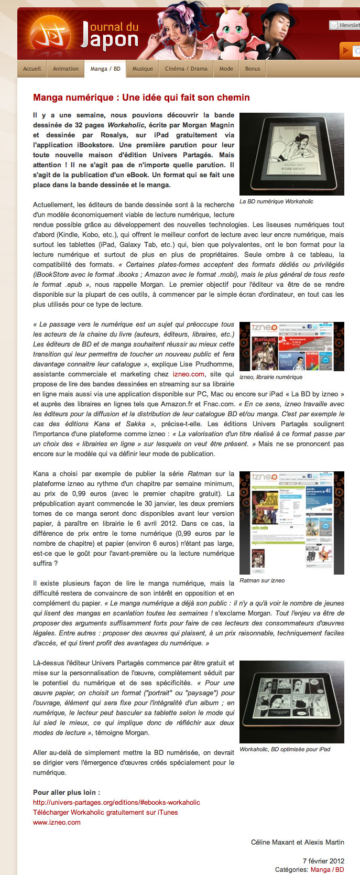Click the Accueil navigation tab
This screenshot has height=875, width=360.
click(x=32, y=69)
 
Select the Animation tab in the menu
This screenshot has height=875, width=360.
click(x=66, y=69)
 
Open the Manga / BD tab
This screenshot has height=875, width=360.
click(x=105, y=69)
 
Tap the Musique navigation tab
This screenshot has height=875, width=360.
click(x=143, y=69)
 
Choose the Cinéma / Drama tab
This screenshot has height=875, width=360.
click(x=186, y=69)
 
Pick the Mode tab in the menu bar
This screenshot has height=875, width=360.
click(x=226, y=69)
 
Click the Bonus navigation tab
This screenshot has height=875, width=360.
click(x=253, y=69)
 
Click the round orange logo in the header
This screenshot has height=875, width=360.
click(x=51, y=36)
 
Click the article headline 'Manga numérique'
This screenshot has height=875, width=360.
click(x=141, y=98)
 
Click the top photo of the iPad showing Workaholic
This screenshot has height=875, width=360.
click(x=291, y=154)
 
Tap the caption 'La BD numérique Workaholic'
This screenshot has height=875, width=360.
click(x=276, y=201)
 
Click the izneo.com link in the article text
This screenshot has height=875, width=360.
click(x=189, y=374)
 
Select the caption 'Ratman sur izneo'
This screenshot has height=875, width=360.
click(x=262, y=580)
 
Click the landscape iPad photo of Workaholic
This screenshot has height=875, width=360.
click(x=291, y=701)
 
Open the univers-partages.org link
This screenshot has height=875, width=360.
click(x=116, y=802)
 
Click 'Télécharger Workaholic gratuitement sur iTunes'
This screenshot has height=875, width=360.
click(x=105, y=812)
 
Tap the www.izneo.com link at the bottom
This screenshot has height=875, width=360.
click(x=57, y=822)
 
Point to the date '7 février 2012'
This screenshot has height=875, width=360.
click(x=323, y=861)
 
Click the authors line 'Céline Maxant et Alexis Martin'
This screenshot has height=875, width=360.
click(x=297, y=842)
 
